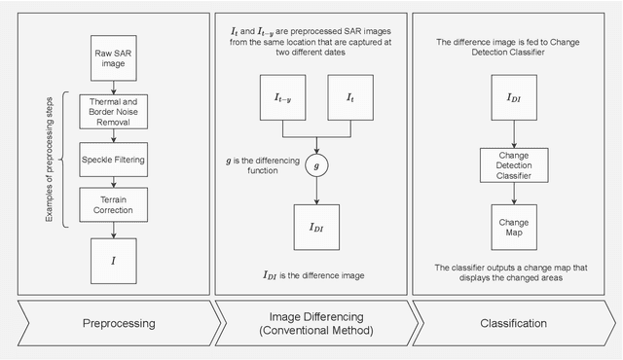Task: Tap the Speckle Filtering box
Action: click(114, 155)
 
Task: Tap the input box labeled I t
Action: click(350, 98)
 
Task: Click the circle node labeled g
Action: click(313, 165)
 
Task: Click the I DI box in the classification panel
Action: click(513, 98)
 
